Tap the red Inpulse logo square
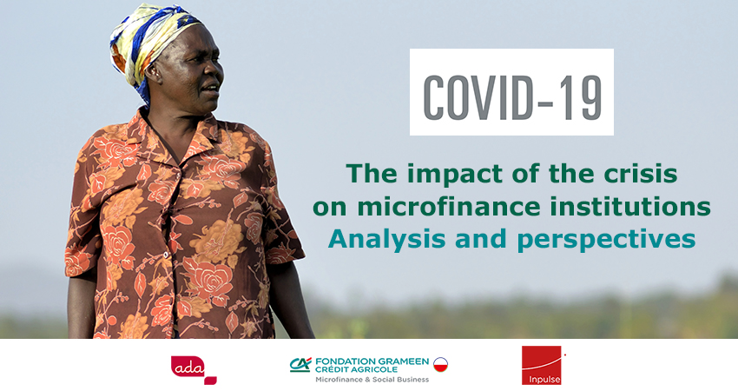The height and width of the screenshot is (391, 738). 541,365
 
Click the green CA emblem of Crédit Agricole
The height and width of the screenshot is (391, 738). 300,365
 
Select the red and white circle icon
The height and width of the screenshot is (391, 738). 440,365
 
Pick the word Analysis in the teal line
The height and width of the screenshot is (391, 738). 387,239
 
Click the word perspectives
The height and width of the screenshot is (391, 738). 606,240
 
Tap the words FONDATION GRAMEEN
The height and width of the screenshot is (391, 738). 372,361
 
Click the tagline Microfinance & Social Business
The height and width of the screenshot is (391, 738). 372,379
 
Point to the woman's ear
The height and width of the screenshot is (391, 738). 154,71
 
